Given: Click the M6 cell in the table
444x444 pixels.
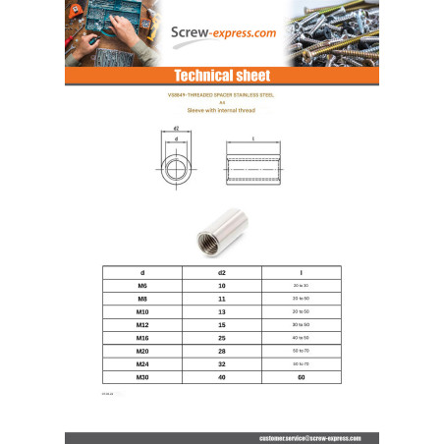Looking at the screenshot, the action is pyautogui.click(x=143, y=283).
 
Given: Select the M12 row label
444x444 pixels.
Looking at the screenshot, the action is pyautogui.click(x=143, y=323).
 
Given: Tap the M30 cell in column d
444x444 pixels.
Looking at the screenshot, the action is pyautogui.click(x=143, y=376).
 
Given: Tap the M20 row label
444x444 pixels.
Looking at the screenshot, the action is pyautogui.click(x=143, y=350).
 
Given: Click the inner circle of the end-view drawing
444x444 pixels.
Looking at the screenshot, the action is pyautogui.click(x=177, y=168).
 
